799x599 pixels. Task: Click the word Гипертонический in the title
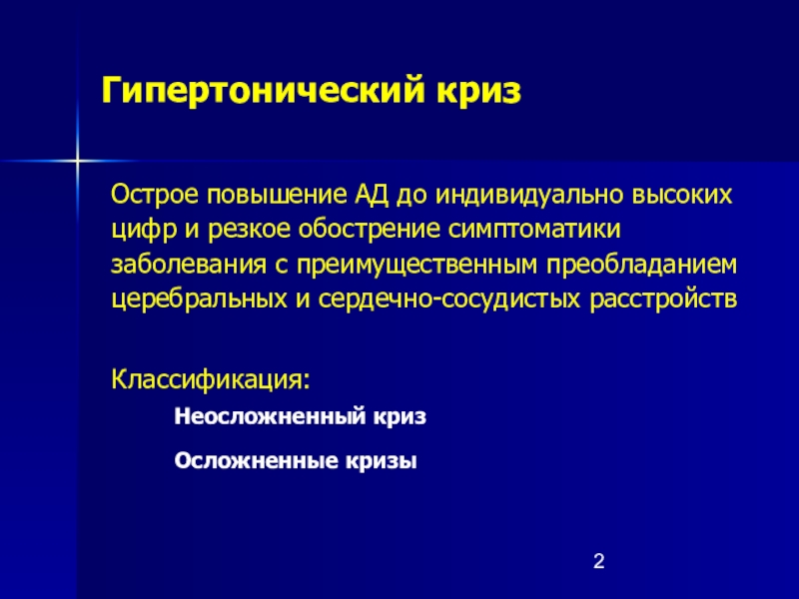coord(263,91)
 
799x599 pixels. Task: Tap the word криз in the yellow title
coord(478,91)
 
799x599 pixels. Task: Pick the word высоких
coord(682,195)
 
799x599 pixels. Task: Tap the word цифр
coord(144,231)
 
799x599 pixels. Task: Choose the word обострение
coord(370,231)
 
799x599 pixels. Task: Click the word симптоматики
coord(534,231)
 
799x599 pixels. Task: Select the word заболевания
coord(189,265)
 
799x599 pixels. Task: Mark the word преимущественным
coord(416,265)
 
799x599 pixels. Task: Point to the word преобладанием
coord(641,265)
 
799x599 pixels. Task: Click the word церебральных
coord(199,299)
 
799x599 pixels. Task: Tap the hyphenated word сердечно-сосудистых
coord(448,299)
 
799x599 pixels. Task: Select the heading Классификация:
coord(211,379)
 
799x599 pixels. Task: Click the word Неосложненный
coord(270,416)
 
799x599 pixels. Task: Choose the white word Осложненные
coord(257,461)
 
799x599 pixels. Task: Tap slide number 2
coord(598,561)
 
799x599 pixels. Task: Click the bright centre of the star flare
coord(77,161)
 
